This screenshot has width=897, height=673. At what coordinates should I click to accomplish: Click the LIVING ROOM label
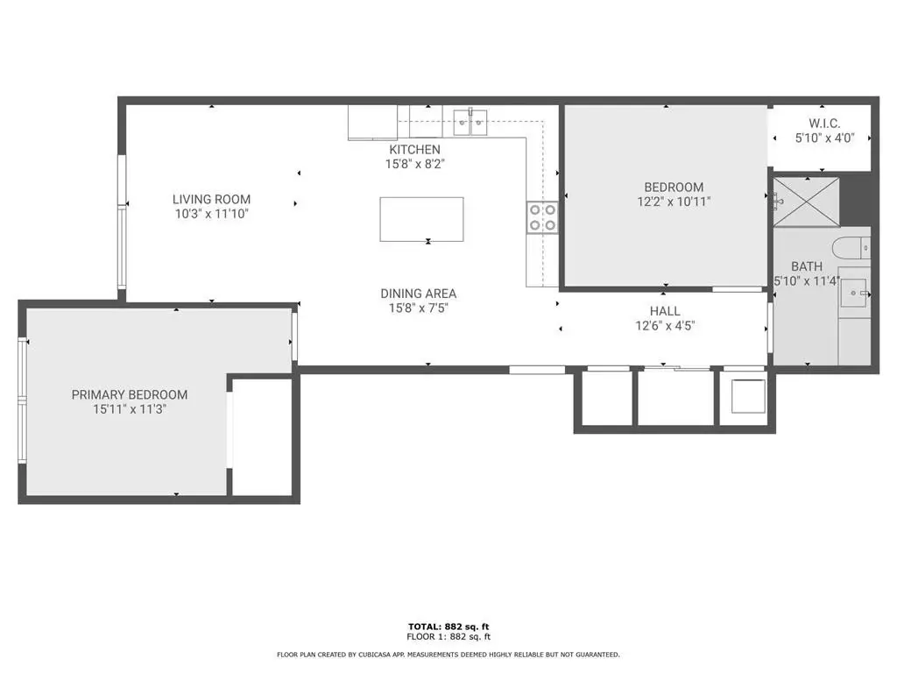(212, 199)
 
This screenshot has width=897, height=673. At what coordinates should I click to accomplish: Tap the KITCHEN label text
(414, 149)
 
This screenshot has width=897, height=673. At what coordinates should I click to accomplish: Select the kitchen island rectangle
(421, 219)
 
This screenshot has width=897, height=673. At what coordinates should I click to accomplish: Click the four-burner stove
(542, 217)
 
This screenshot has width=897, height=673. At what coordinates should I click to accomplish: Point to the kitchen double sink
(470, 122)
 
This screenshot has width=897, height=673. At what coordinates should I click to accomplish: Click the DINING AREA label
(418, 294)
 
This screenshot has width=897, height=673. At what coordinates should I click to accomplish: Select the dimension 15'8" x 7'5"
(418, 308)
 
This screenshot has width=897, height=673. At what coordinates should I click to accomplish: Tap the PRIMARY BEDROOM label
(130, 394)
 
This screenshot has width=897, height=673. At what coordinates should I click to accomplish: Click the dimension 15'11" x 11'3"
(130, 409)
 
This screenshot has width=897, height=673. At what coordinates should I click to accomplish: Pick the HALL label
(665, 311)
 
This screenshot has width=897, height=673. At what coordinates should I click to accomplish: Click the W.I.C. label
(824, 123)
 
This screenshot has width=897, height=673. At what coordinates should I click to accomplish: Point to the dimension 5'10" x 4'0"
(824, 138)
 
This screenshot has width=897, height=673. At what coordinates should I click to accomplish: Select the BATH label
(807, 266)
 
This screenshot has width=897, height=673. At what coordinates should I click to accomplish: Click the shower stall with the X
(807, 202)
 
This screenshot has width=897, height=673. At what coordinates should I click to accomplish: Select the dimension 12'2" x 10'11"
(674, 202)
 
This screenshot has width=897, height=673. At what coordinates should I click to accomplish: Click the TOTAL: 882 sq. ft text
(448, 627)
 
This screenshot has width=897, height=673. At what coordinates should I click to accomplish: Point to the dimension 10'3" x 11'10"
(212, 214)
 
